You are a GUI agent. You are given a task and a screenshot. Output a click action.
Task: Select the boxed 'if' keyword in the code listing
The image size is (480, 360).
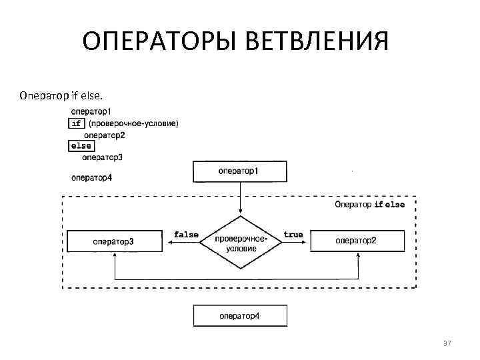pos(76,123)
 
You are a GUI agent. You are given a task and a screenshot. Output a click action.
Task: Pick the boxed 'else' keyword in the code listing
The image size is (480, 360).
pos(81,146)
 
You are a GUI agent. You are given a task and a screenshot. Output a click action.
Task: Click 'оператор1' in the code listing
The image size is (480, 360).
pos(91,112)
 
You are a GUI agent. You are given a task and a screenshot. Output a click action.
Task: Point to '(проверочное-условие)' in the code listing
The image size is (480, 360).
pos(133,123)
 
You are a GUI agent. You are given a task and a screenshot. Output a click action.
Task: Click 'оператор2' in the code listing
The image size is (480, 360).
pos(104,135)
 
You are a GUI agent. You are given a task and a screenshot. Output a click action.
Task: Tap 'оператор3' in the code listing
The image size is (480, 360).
pos(103,158)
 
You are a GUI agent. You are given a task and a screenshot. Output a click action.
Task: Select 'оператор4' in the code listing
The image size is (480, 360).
pos(91,177)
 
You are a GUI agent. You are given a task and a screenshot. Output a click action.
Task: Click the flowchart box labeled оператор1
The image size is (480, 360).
pos(239,171)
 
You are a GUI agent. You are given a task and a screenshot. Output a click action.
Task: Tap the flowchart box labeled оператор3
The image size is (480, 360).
pos(114,241)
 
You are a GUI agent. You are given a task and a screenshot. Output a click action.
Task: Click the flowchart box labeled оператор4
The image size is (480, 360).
pos(239,315)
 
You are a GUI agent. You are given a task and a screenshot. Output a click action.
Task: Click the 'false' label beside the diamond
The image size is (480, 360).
pos(186,235)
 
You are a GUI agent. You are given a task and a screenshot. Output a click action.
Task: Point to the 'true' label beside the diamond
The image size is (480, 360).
pos(293,235)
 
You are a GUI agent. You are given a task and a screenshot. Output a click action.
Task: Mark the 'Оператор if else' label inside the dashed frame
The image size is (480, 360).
pos(369,205)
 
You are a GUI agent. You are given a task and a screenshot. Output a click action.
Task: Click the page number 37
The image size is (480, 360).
pos(447,343)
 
